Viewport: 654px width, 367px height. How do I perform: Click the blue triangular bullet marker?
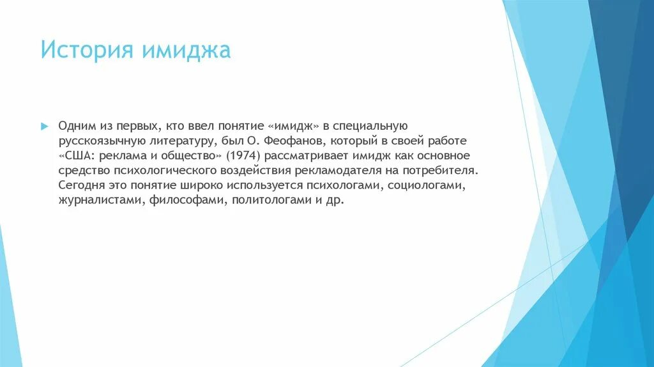tap(44, 125)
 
